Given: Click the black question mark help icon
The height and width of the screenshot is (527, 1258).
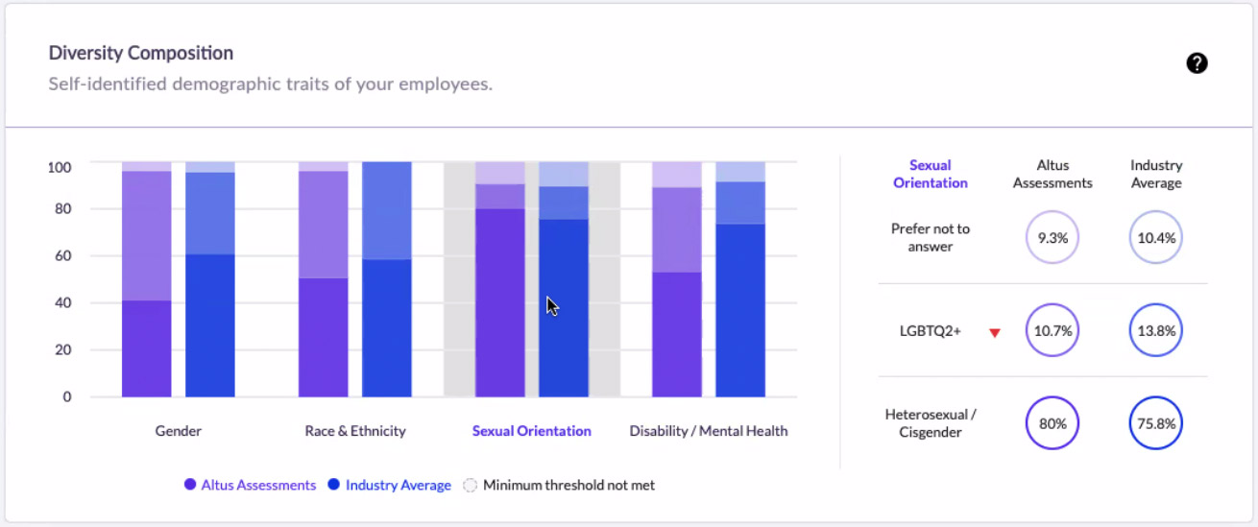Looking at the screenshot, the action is [1197, 62].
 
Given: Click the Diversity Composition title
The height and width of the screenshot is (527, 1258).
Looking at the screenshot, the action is [140, 53].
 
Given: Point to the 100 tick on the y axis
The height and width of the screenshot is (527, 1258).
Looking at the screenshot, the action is [60, 167].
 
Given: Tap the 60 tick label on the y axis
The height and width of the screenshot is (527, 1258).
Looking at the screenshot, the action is [62, 256].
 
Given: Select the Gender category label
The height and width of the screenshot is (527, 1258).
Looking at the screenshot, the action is [178, 430].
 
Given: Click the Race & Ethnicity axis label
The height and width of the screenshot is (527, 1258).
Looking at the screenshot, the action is [355, 430].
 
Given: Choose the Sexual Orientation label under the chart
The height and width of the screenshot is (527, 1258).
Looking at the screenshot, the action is [531, 430].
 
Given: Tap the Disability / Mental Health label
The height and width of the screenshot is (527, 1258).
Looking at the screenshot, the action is [708, 430].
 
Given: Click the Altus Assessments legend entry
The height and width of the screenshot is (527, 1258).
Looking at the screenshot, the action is [250, 485].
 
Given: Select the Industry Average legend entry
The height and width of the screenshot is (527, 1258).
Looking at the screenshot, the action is [390, 485].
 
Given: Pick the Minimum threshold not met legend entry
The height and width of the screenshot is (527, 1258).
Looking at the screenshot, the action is [559, 485].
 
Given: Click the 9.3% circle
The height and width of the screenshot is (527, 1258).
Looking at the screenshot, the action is [1052, 237].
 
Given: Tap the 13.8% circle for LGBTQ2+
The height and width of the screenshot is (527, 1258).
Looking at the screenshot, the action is [1156, 330].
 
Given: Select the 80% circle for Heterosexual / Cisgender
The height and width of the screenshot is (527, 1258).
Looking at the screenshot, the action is [1052, 423].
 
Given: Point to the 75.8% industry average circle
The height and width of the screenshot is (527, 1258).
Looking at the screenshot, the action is [1156, 423].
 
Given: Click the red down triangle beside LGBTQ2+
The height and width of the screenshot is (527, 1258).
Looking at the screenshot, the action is [995, 333].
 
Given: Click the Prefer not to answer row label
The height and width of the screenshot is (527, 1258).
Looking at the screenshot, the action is [930, 237].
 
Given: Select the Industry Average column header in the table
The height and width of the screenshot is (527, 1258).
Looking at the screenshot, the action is [1156, 174].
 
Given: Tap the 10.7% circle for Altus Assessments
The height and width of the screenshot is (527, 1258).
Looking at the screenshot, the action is [1052, 330].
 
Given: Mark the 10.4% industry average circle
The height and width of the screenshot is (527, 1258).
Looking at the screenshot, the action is [1156, 237].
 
